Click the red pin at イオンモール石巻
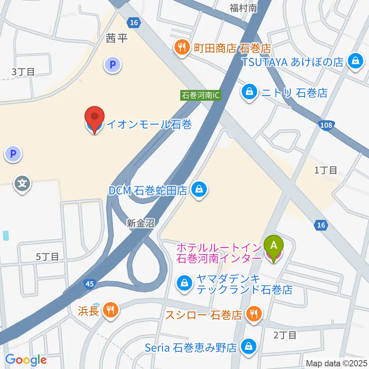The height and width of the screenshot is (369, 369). (x=95, y=117)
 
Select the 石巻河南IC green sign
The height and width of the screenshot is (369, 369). (x=201, y=95)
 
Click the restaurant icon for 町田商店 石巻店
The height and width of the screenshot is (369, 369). (x=181, y=48)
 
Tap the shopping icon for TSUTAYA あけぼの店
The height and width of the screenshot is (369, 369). (x=356, y=61)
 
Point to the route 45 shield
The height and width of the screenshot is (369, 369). (x=89, y=284)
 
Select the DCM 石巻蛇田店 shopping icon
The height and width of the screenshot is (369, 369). (x=199, y=190)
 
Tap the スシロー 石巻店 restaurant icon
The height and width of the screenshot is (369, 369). (x=254, y=314)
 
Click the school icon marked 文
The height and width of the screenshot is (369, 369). (x=23, y=184)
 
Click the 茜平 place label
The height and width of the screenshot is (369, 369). (x=116, y=38)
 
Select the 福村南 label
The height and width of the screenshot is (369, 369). (x=243, y=8)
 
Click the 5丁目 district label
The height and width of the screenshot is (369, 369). (x=47, y=257)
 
